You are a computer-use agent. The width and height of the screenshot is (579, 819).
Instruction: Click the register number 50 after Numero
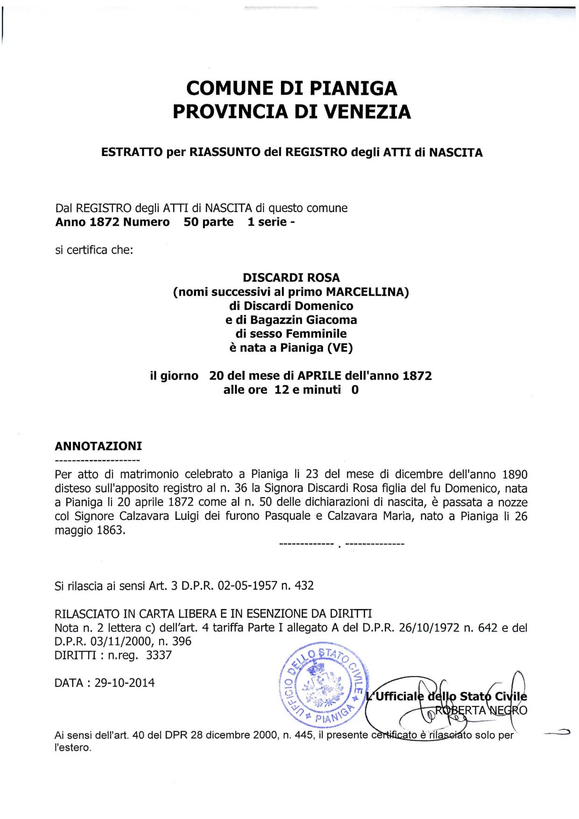pos(191,222)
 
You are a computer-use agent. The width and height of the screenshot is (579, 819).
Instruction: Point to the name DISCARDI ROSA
pos(291,278)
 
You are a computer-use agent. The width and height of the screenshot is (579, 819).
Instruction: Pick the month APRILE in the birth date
pos(319,376)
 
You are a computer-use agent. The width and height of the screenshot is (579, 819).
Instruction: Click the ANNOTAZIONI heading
pos(98,446)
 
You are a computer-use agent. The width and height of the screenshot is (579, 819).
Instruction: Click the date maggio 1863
pos(90,531)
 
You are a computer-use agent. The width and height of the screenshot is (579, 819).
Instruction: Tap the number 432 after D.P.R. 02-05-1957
pos(304,586)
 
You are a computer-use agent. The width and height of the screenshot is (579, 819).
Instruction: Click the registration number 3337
pos(159,655)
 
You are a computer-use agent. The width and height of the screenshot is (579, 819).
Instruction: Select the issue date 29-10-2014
pos(124,683)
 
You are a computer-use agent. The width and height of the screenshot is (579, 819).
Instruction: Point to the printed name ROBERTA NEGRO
pos(481,711)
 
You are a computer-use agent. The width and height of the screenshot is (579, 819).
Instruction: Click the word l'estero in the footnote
pos(72,748)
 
